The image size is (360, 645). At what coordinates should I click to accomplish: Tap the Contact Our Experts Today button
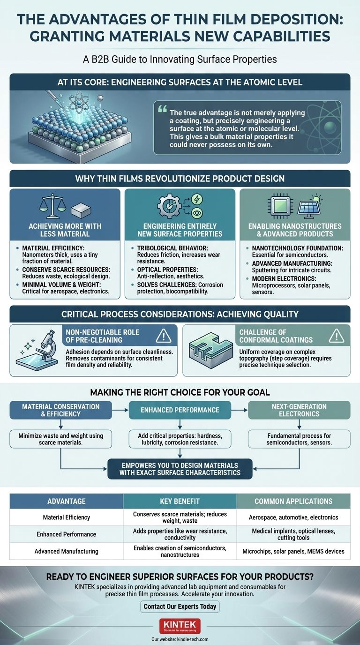point(180,607)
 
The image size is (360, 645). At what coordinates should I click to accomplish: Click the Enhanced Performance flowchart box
point(180,410)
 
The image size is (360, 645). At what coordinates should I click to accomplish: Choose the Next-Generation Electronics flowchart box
point(299,410)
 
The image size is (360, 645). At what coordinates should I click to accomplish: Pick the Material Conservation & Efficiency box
point(60,410)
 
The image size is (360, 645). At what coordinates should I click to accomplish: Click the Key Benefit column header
point(180,501)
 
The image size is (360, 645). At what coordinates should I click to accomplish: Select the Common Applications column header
point(293,501)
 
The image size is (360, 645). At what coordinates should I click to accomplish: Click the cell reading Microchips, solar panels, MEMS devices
point(293,551)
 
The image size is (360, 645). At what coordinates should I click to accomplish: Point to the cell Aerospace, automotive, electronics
point(293,517)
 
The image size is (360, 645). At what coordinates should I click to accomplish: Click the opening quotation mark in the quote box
point(163,109)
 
